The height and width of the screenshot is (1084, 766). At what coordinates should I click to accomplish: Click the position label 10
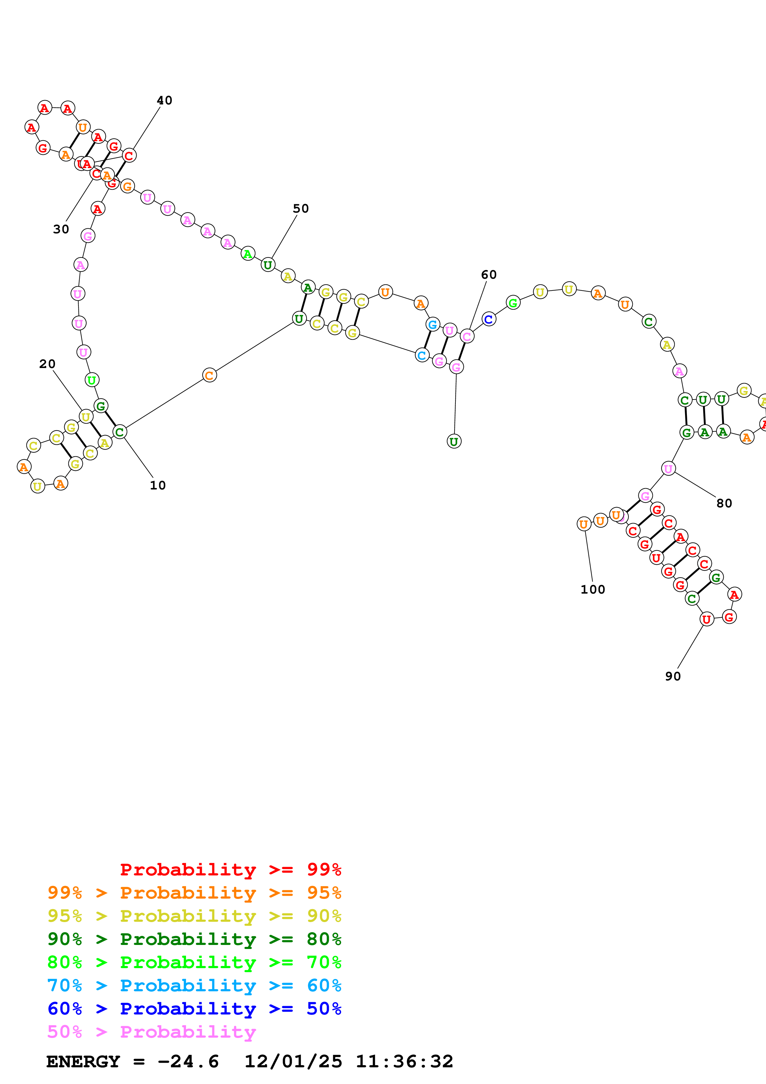tap(158, 485)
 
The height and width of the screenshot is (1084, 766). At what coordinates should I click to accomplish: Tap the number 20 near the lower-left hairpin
tap(47, 364)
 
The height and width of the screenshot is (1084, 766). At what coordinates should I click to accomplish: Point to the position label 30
tap(61, 230)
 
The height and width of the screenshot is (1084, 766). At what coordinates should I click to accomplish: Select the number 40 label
tap(164, 100)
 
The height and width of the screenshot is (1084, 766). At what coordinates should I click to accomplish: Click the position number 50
tap(301, 209)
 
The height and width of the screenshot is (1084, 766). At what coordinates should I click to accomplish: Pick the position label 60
tap(489, 275)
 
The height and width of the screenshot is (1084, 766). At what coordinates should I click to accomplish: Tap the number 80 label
tap(724, 503)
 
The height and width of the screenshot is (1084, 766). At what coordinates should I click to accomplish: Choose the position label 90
tap(673, 676)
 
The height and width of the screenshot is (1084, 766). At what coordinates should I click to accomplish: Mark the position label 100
tap(592, 590)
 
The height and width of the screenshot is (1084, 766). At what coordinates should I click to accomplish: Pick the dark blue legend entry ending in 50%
tap(194, 1009)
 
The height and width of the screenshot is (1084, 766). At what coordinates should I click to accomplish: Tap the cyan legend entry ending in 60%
tap(194, 986)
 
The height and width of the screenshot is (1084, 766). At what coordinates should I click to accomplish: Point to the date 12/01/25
tap(293, 1062)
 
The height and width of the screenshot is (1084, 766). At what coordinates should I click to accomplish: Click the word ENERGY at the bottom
tap(83, 1062)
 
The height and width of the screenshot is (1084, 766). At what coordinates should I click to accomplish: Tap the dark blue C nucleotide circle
tap(489, 319)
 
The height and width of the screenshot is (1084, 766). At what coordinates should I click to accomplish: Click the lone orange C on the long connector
tap(209, 375)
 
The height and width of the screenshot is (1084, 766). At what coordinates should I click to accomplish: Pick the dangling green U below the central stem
tap(454, 442)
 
